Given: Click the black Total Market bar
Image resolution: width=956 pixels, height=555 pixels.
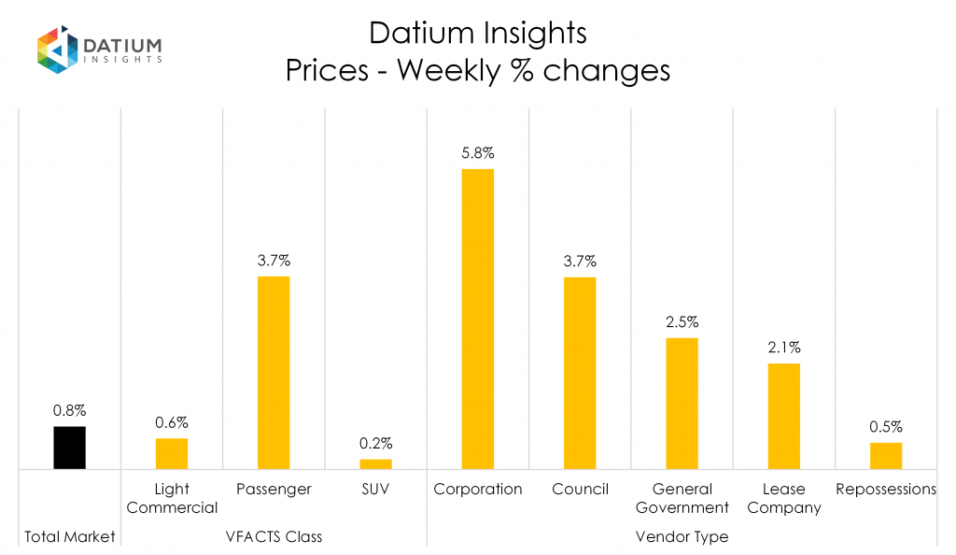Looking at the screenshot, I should pos(69,448).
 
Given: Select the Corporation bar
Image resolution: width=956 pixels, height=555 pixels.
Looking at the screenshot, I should pos(477,319).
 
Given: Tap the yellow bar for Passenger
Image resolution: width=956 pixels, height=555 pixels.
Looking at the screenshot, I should pos(274,372).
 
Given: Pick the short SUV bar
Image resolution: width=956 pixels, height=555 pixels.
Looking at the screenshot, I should pos(375,463).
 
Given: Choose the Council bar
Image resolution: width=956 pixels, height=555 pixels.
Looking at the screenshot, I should pos(579,373).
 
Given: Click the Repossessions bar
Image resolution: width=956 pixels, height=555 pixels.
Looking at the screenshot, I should pos(885,455).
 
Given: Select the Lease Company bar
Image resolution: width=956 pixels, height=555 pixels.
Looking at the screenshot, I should pos(783,416).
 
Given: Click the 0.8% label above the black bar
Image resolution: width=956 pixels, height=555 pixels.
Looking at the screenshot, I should pos(69,410).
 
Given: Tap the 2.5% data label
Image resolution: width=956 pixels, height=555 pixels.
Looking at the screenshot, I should pos(682,321).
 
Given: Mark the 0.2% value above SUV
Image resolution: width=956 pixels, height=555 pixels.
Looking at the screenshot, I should pos(375,443).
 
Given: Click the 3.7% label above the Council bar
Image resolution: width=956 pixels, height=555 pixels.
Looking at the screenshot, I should pos(579,261).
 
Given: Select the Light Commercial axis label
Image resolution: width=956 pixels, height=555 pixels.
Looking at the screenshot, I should pos(172,498).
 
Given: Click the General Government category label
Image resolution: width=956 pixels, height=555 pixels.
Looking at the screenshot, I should pos(682,498).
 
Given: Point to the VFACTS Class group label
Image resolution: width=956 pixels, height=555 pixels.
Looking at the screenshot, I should pos(274,537).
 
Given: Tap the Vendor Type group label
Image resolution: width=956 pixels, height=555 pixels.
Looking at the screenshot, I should pos(682,537).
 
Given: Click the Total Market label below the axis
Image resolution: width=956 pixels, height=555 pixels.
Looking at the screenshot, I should pos(69,537).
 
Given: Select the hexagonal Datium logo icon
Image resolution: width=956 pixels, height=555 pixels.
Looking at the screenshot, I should pos(56,49).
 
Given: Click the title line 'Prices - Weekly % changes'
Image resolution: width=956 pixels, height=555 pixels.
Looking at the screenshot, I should pos(477,71).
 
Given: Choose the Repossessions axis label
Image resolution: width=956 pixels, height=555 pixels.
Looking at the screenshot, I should pos(885,489).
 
